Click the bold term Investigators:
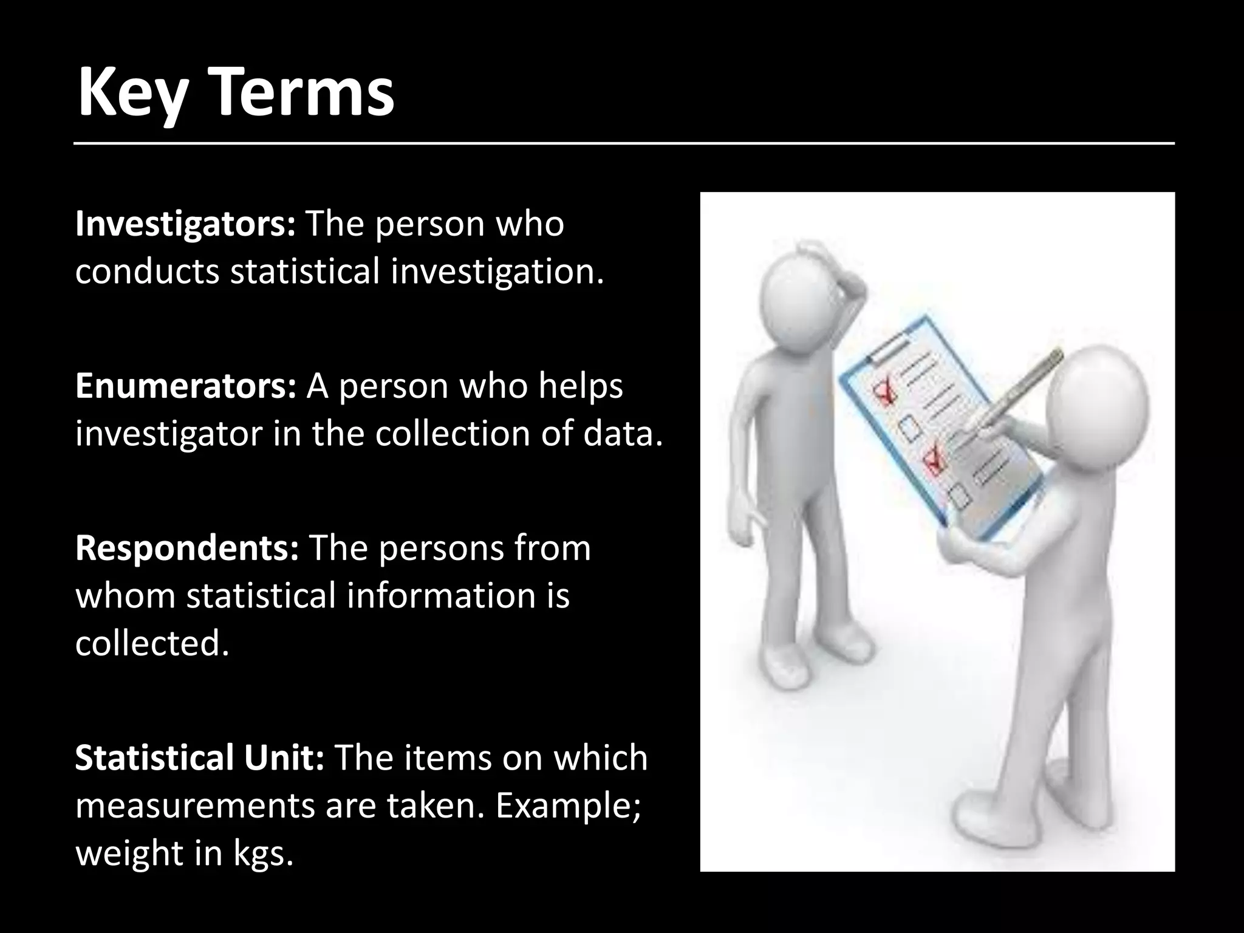(185, 225)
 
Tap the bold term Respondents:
(186, 549)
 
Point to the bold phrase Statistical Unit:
(199, 758)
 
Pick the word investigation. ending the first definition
(497, 272)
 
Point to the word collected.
(152, 643)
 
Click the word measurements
(194, 806)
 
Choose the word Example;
(568, 806)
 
